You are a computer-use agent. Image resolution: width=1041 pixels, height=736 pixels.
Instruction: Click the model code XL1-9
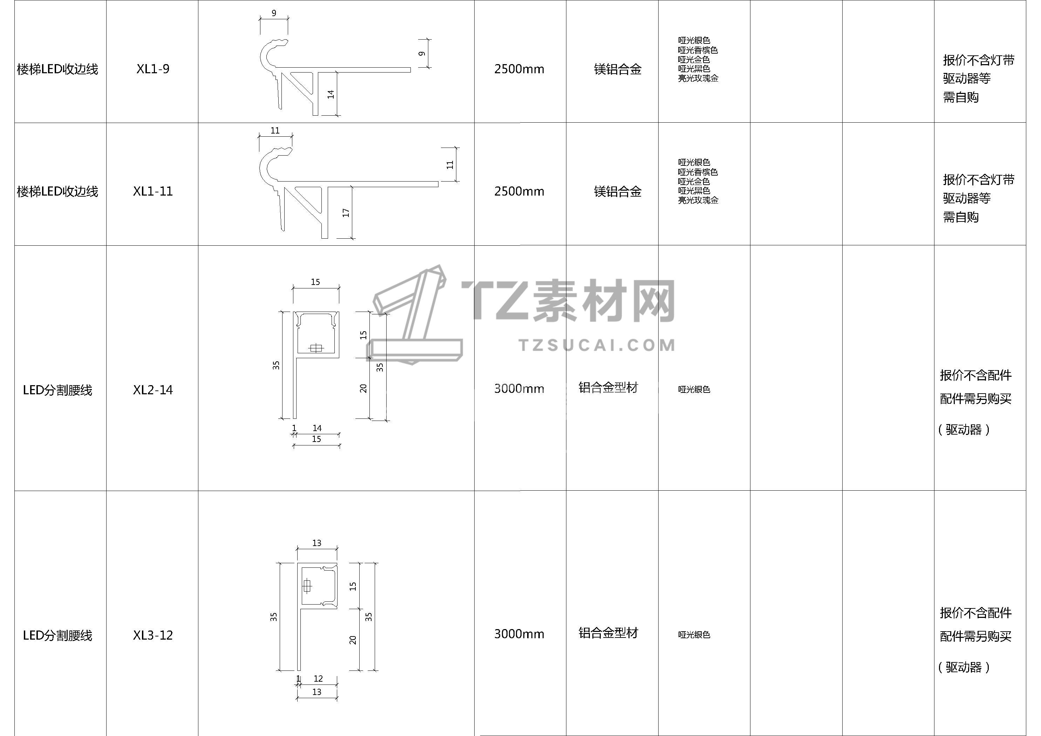[153, 69]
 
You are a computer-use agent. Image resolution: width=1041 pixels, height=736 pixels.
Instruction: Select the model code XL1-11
[153, 191]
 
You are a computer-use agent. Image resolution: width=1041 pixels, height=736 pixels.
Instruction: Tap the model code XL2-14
[153, 390]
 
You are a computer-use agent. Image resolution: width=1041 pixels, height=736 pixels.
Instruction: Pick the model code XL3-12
[153, 635]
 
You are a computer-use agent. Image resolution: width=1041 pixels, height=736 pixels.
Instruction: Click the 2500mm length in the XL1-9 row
[519, 69]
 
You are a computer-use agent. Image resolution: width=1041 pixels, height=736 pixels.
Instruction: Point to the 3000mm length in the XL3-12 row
[519, 634]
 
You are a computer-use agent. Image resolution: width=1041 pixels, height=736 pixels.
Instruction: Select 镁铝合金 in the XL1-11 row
[618, 192]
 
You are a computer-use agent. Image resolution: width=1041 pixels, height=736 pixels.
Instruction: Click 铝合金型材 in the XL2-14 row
[608, 388]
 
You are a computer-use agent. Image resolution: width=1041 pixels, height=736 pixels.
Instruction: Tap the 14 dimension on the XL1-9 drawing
[331, 94]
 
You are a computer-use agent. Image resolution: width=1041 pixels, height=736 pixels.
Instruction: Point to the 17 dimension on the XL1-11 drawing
[346, 212]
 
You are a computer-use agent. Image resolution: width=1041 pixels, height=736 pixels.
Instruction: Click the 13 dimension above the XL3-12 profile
[317, 543]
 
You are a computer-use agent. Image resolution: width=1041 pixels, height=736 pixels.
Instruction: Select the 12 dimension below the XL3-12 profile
[318, 679]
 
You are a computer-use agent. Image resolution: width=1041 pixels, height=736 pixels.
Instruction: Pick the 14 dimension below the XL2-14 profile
[317, 428]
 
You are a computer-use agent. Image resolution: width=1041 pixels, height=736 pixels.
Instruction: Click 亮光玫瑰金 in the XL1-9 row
[698, 78]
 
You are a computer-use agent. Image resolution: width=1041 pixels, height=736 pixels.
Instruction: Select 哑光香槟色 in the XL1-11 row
[698, 172]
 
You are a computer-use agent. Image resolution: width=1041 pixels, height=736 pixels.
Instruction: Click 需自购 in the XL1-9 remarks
[961, 97]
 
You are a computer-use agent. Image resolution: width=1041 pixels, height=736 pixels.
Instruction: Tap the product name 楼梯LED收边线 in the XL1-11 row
[57, 192]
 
